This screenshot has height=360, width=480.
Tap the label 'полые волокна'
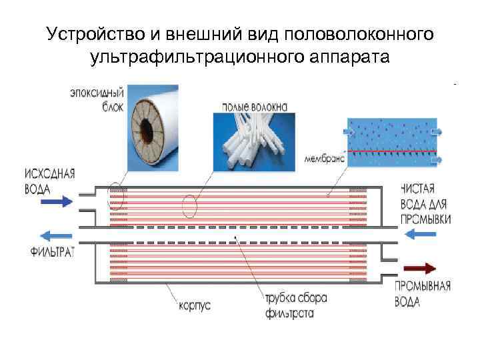(x=246, y=105)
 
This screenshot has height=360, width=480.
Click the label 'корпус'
(x=194, y=306)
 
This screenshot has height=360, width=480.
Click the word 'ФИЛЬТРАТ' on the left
(x=52, y=251)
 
